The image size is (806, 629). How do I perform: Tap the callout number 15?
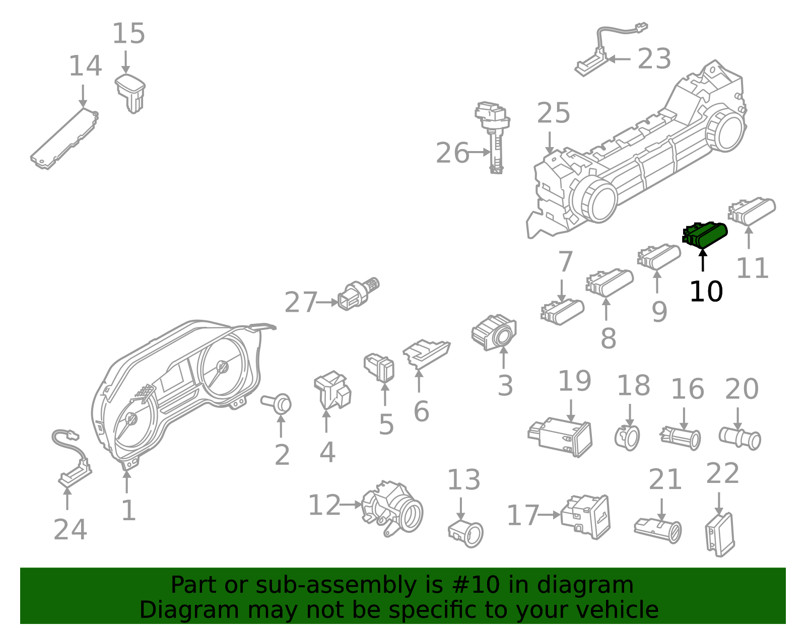(x=128, y=33)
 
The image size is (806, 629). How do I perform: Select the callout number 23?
(x=654, y=58)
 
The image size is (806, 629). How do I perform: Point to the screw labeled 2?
(x=277, y=403)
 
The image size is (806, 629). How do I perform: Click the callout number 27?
(x=301, y=302)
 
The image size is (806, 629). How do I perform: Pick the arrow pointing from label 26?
(x=480, y=152)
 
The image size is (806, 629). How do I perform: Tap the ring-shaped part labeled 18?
(x=627, y=438)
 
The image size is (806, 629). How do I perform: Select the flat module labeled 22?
(x=720, y=534)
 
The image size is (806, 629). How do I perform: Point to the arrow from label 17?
(x=549, y=515)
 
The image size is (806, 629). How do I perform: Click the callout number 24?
(x=70, y=530)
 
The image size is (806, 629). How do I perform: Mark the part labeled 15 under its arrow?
(x=130, y=93)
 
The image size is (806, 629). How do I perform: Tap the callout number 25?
(x=554, y=113)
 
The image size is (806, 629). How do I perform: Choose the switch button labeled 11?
(x=752, y=211)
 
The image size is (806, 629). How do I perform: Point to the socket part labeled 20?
(x=740, y=439)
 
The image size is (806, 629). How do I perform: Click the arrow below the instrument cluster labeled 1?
(x=127, y=482)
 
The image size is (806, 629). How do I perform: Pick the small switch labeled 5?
(x=379, y=367)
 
